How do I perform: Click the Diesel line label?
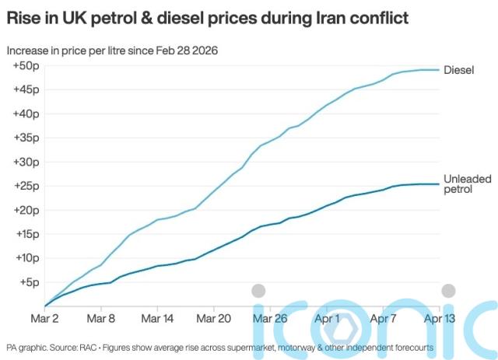point(459,70)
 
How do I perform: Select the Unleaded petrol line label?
point(467,184)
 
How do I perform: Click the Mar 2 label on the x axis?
point(44,318)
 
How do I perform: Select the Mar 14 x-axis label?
point(158,318)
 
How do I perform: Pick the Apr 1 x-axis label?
point(328,318)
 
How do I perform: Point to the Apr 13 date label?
point(438,318)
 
